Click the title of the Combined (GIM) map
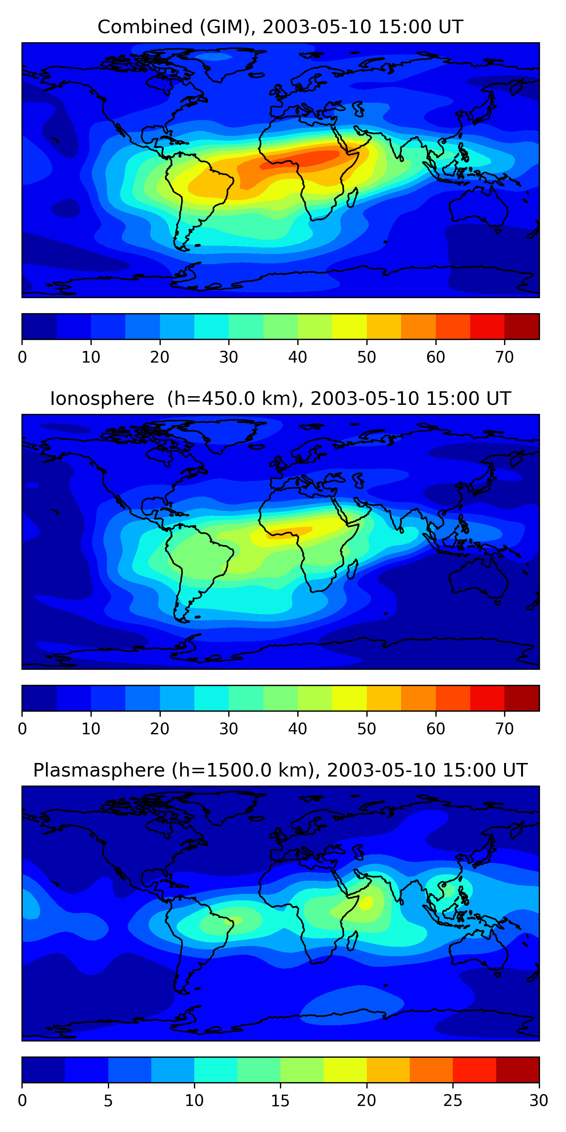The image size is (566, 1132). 280,27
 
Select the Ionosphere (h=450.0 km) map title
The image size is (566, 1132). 280,398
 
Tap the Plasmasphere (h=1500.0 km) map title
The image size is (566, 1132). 280,771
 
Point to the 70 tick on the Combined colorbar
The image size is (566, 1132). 504,357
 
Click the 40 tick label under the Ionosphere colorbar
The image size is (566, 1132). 297,729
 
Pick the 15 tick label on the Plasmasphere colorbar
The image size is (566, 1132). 280,1101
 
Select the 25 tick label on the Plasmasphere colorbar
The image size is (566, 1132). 453,1101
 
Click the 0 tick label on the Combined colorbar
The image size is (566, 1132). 22,357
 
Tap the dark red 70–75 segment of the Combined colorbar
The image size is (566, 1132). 521,326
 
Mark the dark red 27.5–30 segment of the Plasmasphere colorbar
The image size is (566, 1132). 518,1070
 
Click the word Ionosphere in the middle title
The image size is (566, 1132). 102,398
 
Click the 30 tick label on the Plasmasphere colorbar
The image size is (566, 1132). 539,1101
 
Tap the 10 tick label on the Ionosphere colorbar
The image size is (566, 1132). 91,729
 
